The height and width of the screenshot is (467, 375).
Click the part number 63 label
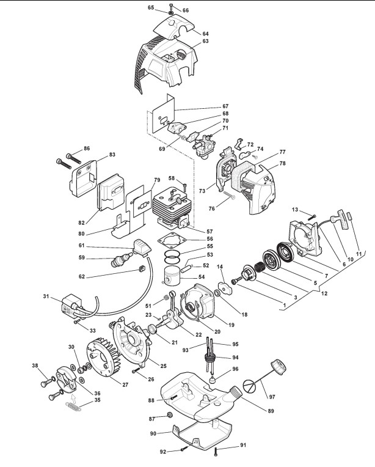[206, 41]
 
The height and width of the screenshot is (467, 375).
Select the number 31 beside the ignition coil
[45, 297]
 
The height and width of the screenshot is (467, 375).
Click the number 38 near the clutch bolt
[34, 366]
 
